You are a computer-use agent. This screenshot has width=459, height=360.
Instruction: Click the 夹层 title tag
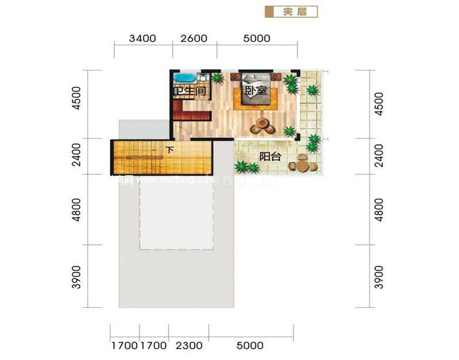[x=291, y=11]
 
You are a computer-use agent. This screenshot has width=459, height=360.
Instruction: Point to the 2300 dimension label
[x=189, y=346]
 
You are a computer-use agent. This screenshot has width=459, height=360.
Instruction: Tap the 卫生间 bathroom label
[x=190, y=91]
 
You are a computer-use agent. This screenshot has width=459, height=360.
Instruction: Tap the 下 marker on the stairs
[x=169, y=150]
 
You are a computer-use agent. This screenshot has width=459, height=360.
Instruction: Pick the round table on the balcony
[x=302, y=165]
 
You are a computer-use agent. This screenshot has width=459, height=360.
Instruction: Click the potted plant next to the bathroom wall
[x=217, y=78]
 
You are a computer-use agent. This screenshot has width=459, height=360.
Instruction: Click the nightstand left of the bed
[x=235, y=76]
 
